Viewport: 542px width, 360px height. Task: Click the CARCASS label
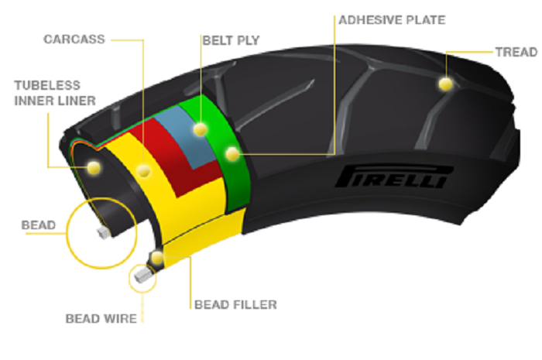73,38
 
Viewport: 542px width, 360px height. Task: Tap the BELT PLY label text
231,38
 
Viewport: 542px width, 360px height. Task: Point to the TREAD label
516,52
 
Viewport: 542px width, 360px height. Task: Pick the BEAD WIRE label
101,318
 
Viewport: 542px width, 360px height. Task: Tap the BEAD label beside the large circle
38,225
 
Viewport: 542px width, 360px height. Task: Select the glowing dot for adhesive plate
232,154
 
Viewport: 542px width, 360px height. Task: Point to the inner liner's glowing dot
94,166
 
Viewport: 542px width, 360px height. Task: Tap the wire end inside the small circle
141,274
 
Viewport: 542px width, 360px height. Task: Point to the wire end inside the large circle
101,231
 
